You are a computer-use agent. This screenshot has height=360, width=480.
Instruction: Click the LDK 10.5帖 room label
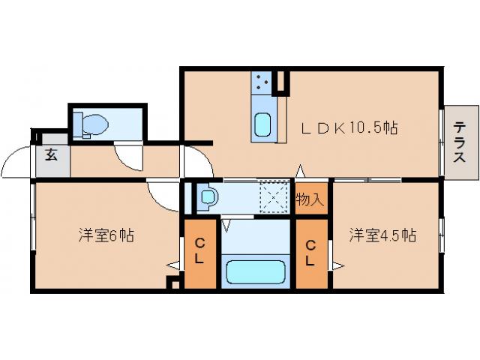(349, 128)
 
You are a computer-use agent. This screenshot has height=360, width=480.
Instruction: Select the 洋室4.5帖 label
(382, 235)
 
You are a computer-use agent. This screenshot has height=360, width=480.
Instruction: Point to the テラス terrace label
(460, 142)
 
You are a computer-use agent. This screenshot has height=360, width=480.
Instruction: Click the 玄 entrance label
(52, 156)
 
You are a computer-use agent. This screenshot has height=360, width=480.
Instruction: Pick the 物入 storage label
(310, 199)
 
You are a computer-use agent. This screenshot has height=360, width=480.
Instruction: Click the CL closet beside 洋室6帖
(200, 252)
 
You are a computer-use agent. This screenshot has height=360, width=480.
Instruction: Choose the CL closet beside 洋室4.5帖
(310, 252)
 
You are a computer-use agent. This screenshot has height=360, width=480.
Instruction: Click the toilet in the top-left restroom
(94, 124)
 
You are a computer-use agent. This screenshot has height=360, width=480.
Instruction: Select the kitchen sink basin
(262, 124)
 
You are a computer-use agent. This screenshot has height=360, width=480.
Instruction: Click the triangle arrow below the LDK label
(299, 171)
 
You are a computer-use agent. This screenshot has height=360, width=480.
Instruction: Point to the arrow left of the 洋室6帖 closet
(173, 264)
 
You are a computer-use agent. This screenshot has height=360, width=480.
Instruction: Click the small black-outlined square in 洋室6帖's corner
(174, 283)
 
